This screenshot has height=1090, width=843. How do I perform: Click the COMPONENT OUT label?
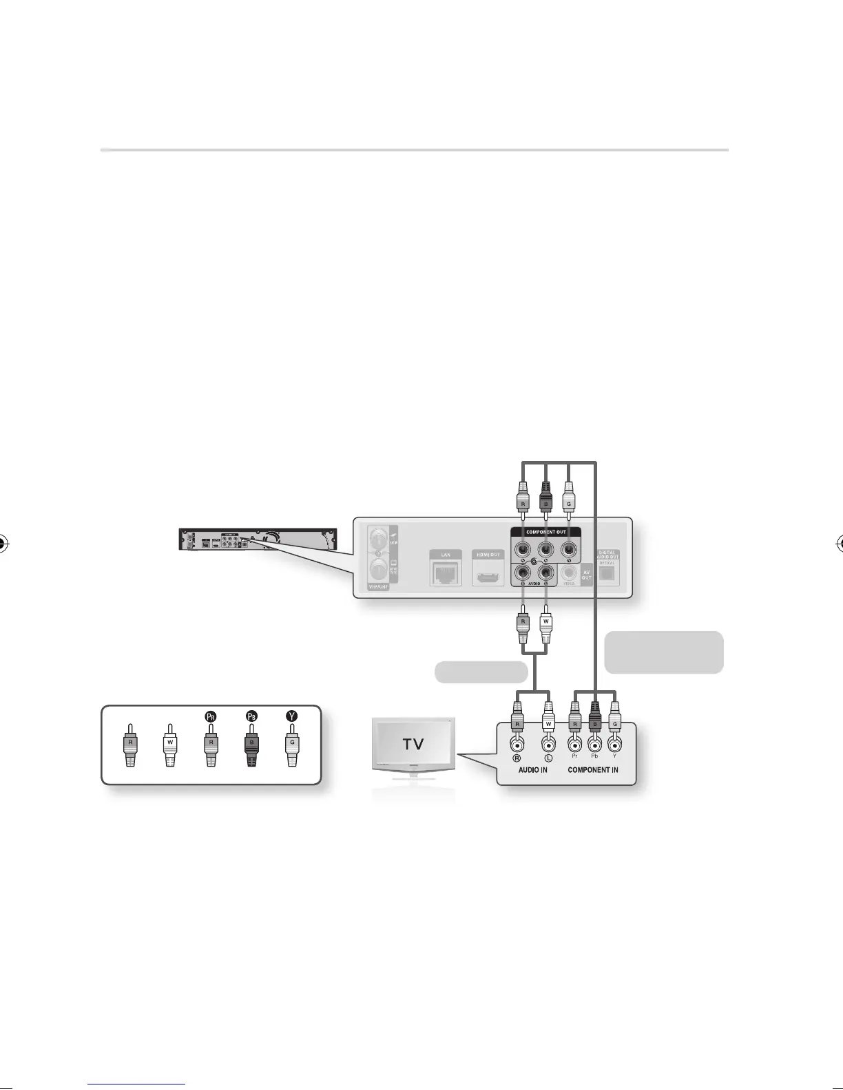[545, 532]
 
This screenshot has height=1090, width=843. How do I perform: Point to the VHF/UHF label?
[378, 587]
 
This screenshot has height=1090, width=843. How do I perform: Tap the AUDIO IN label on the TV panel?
[532, 769]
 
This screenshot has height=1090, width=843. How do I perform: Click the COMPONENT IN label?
[592, 769]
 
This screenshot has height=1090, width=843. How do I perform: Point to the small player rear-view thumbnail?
[258, 539]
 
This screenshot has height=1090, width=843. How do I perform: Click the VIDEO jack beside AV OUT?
[568, 570]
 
